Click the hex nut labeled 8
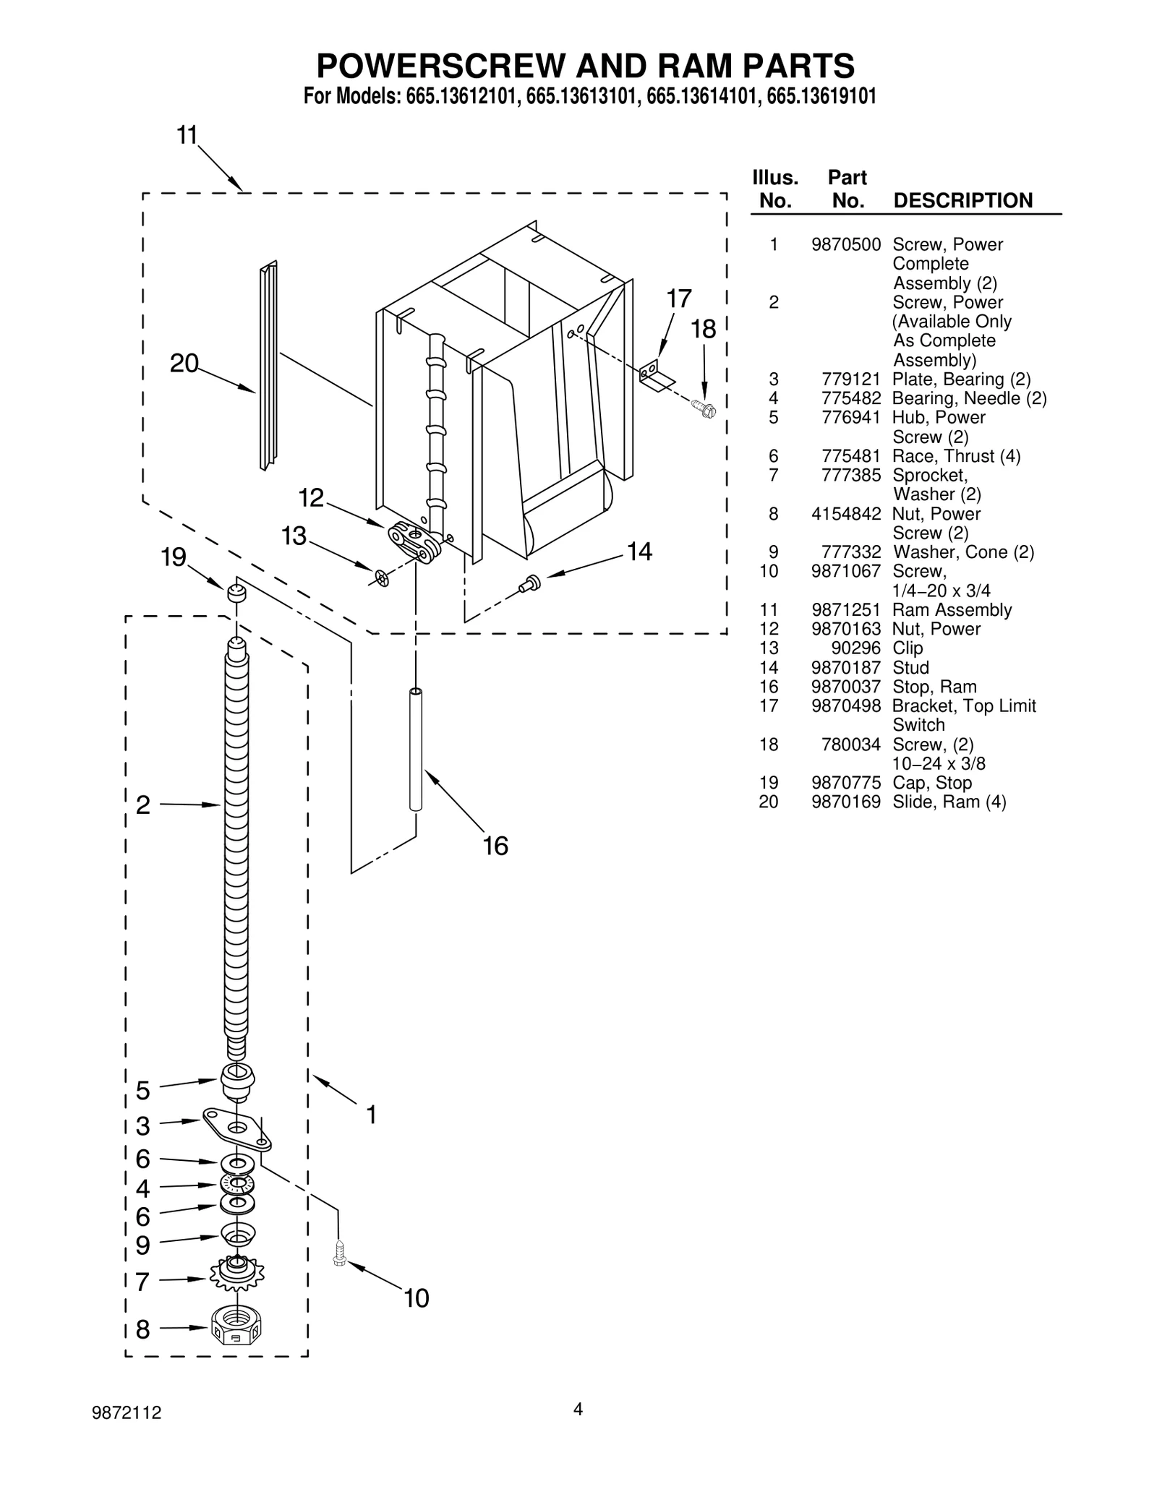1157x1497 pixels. point(236,1326)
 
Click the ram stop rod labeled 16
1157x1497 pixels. point(416,750)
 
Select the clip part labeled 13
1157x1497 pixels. point(382,578)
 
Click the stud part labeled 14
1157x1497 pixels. point(530,583)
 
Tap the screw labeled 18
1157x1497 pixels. point(704,410)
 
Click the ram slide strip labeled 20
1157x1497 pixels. point(268,365)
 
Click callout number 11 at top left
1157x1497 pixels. point(187,135)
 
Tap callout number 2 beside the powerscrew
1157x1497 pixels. point(143,805)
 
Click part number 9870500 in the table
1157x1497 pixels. point(845,244)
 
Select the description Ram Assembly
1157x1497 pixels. point(952,610)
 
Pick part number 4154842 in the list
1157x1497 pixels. point(845,514)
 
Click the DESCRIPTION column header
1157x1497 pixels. point(962,200)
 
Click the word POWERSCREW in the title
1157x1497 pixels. point(440,67)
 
